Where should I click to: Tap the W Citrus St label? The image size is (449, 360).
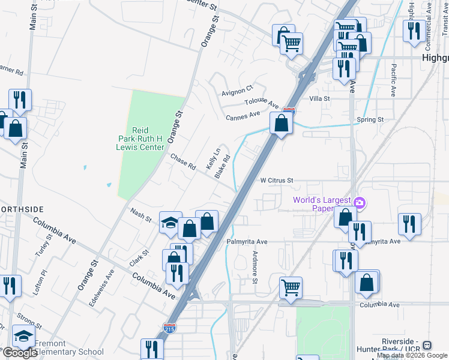point(277,180)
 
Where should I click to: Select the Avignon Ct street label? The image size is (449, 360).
point(238,91)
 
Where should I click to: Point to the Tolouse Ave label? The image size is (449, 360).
point(262,103)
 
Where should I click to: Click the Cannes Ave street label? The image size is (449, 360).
point(243,115)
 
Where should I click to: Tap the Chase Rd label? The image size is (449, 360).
point(183,161)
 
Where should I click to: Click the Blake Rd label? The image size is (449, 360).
point(223,167)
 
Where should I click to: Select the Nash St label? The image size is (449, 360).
point(141,215)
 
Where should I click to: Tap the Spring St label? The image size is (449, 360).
point(370,120)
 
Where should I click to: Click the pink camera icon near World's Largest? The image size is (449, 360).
point(360,202)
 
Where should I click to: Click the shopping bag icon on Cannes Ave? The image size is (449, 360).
point(281,124)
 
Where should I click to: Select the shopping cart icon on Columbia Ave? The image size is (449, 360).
point(291,287)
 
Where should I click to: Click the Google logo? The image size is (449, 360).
point(19,353)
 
